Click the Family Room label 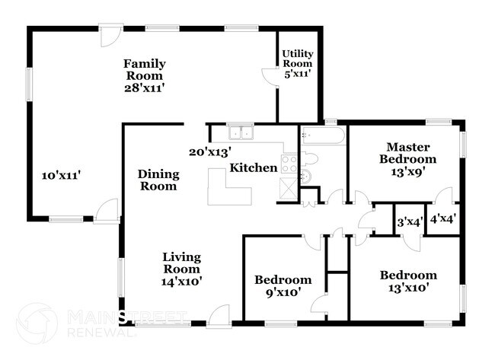tap(145, 70)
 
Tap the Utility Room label tap(298, 59)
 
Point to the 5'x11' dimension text tap(298, 74)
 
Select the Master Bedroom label tap(408, 153)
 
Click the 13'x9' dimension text tap(408, 172)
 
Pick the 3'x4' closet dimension tap(410, 222)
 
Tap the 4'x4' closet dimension tap(443, 218)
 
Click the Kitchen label tap(254, 168)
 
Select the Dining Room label tap(158, 180)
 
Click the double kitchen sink tap(241, 132)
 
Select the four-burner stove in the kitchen tap(289, 164)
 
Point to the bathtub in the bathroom tap(323, 135)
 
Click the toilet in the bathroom tap(309, 158)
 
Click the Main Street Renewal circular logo tap(37, 323)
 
